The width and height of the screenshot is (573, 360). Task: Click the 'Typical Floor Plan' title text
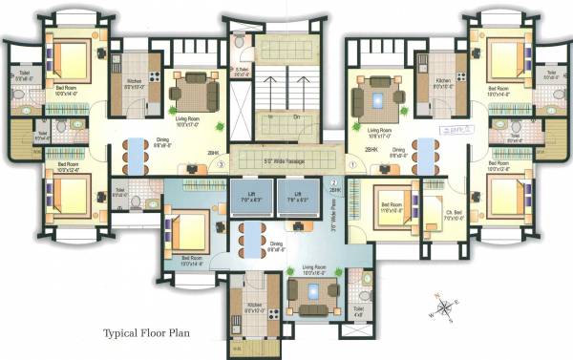[152, 334]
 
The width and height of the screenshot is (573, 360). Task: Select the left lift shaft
[251, 200]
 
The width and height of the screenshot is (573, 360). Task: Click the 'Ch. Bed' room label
[429, 212]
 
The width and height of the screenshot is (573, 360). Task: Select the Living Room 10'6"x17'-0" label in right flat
[373, 132]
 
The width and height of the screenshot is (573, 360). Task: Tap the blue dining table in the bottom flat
[251, 234]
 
